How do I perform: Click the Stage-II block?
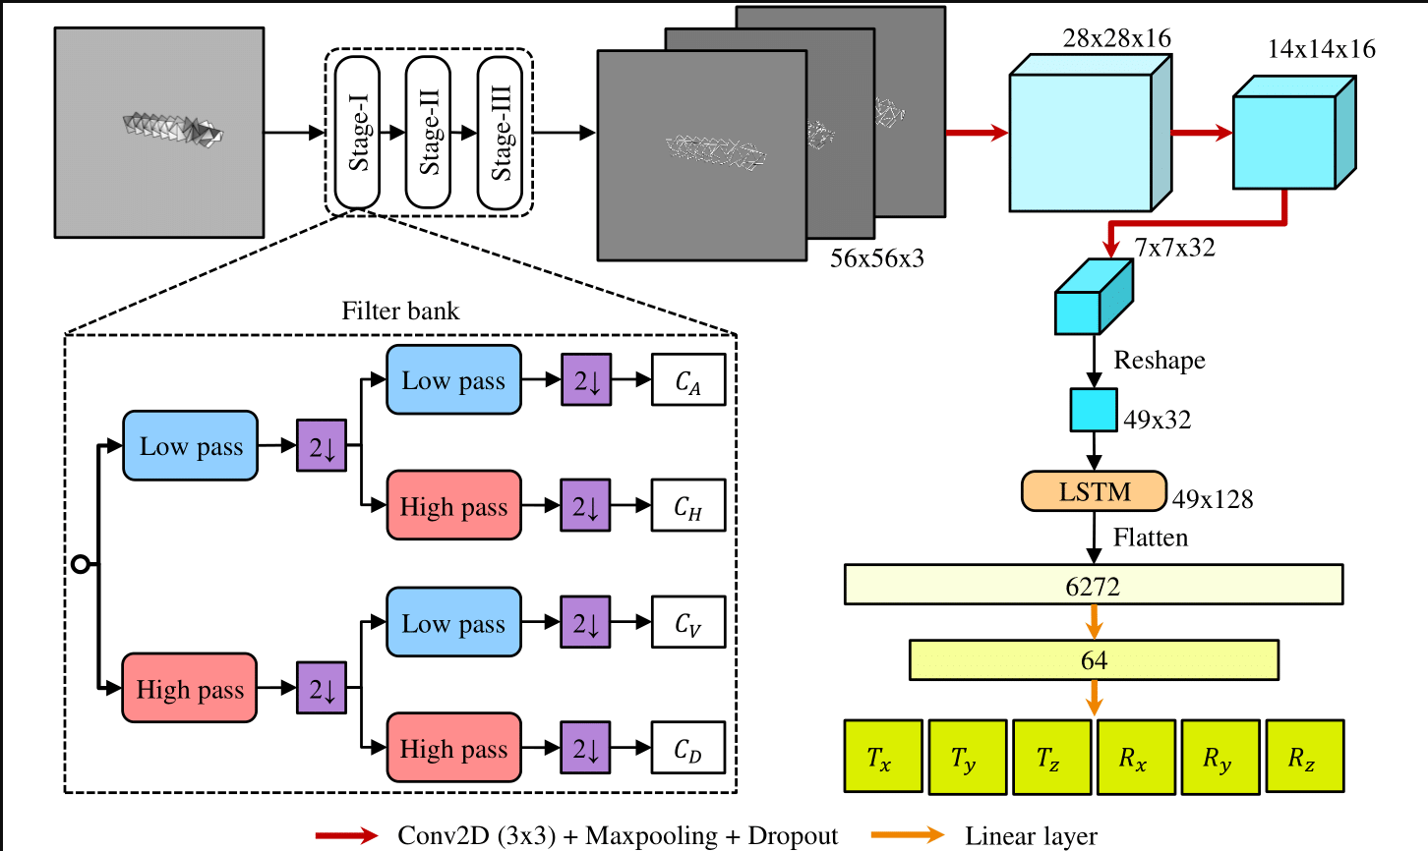tap(429, 132)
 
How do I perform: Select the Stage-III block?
tap(501, 132)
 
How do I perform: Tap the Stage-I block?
tap(358, 132)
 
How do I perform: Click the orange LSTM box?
tap(1094, 491)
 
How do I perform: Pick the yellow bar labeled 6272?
tap(1094, 585)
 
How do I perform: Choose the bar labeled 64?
tap(1094, 660)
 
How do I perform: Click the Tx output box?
tap(883, 757)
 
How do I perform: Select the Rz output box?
tap(1305, 757)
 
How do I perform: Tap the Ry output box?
tap(1220, 757)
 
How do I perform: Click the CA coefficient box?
tap(688, 379)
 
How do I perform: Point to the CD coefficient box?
tap(688, 748)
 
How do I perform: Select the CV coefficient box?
tap(688, 622)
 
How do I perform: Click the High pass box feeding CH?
tap(454, 505)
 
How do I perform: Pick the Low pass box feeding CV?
tap(454, 622)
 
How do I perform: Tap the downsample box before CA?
tap(586, 379)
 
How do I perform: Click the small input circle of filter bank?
tap(81, 564)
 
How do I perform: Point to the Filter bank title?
tap(400, 311)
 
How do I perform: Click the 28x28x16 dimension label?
tap(1117, 38)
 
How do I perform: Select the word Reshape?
tap(1160, 361)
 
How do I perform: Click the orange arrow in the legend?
tap(908, 834)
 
